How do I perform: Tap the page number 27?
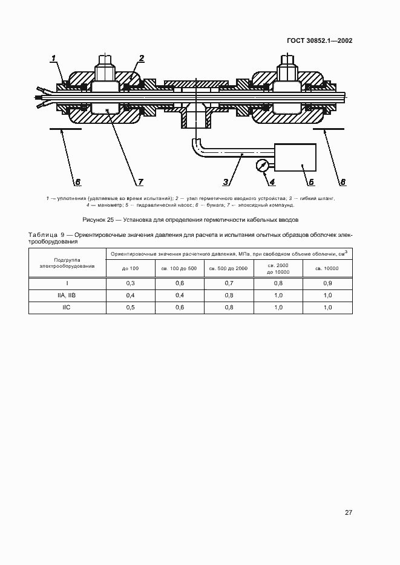pos(349,512)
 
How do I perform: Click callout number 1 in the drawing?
pos(53,59)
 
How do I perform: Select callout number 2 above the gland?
pos(141,59)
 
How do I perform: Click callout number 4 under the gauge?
pos(272,181)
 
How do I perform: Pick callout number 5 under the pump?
pos(310,181)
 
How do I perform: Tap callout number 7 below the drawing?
pos(140,181)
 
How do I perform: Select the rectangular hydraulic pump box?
pos(295,158)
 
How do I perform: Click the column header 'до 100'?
pos(130,268)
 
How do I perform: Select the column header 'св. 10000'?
pos(327,268)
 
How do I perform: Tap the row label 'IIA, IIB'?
pos(67,295)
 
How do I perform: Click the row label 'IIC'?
pos(67,307)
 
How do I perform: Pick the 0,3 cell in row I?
pos(130,283)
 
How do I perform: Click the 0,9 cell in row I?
pos(327,283)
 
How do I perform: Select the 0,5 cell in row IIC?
pos(130,307)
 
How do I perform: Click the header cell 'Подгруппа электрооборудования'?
pos(67,262)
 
